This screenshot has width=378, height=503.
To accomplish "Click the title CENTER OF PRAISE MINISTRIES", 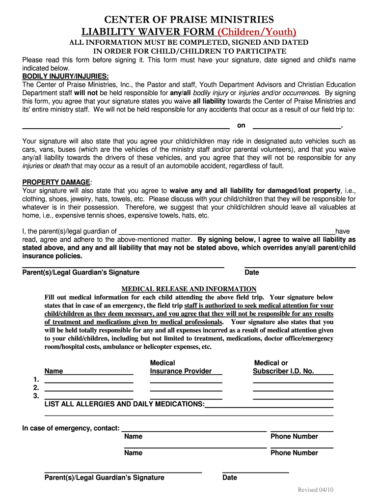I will (189, 20).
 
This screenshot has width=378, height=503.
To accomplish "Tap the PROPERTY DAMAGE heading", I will (56, 182).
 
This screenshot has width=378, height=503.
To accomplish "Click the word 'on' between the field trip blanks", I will (241, 126).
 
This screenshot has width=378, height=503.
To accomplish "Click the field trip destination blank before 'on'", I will (119, 126).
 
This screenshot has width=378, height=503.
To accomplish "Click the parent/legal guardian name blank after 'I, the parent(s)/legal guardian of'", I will (227, 231).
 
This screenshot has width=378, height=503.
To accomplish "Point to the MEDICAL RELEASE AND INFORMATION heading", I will (189, 289).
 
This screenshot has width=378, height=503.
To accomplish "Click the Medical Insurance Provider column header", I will (181, 367).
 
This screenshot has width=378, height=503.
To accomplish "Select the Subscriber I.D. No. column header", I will (283, 367).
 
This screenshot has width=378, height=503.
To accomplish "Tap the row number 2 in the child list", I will (36, 388).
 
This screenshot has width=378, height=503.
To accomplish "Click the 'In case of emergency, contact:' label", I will (71, 428).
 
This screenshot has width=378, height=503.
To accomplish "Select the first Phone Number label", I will (294, 436).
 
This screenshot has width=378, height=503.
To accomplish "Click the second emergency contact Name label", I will (134, 453).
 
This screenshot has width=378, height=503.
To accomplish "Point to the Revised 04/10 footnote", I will (316, 490).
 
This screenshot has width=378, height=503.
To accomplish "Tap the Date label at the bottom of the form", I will (230, 477).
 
